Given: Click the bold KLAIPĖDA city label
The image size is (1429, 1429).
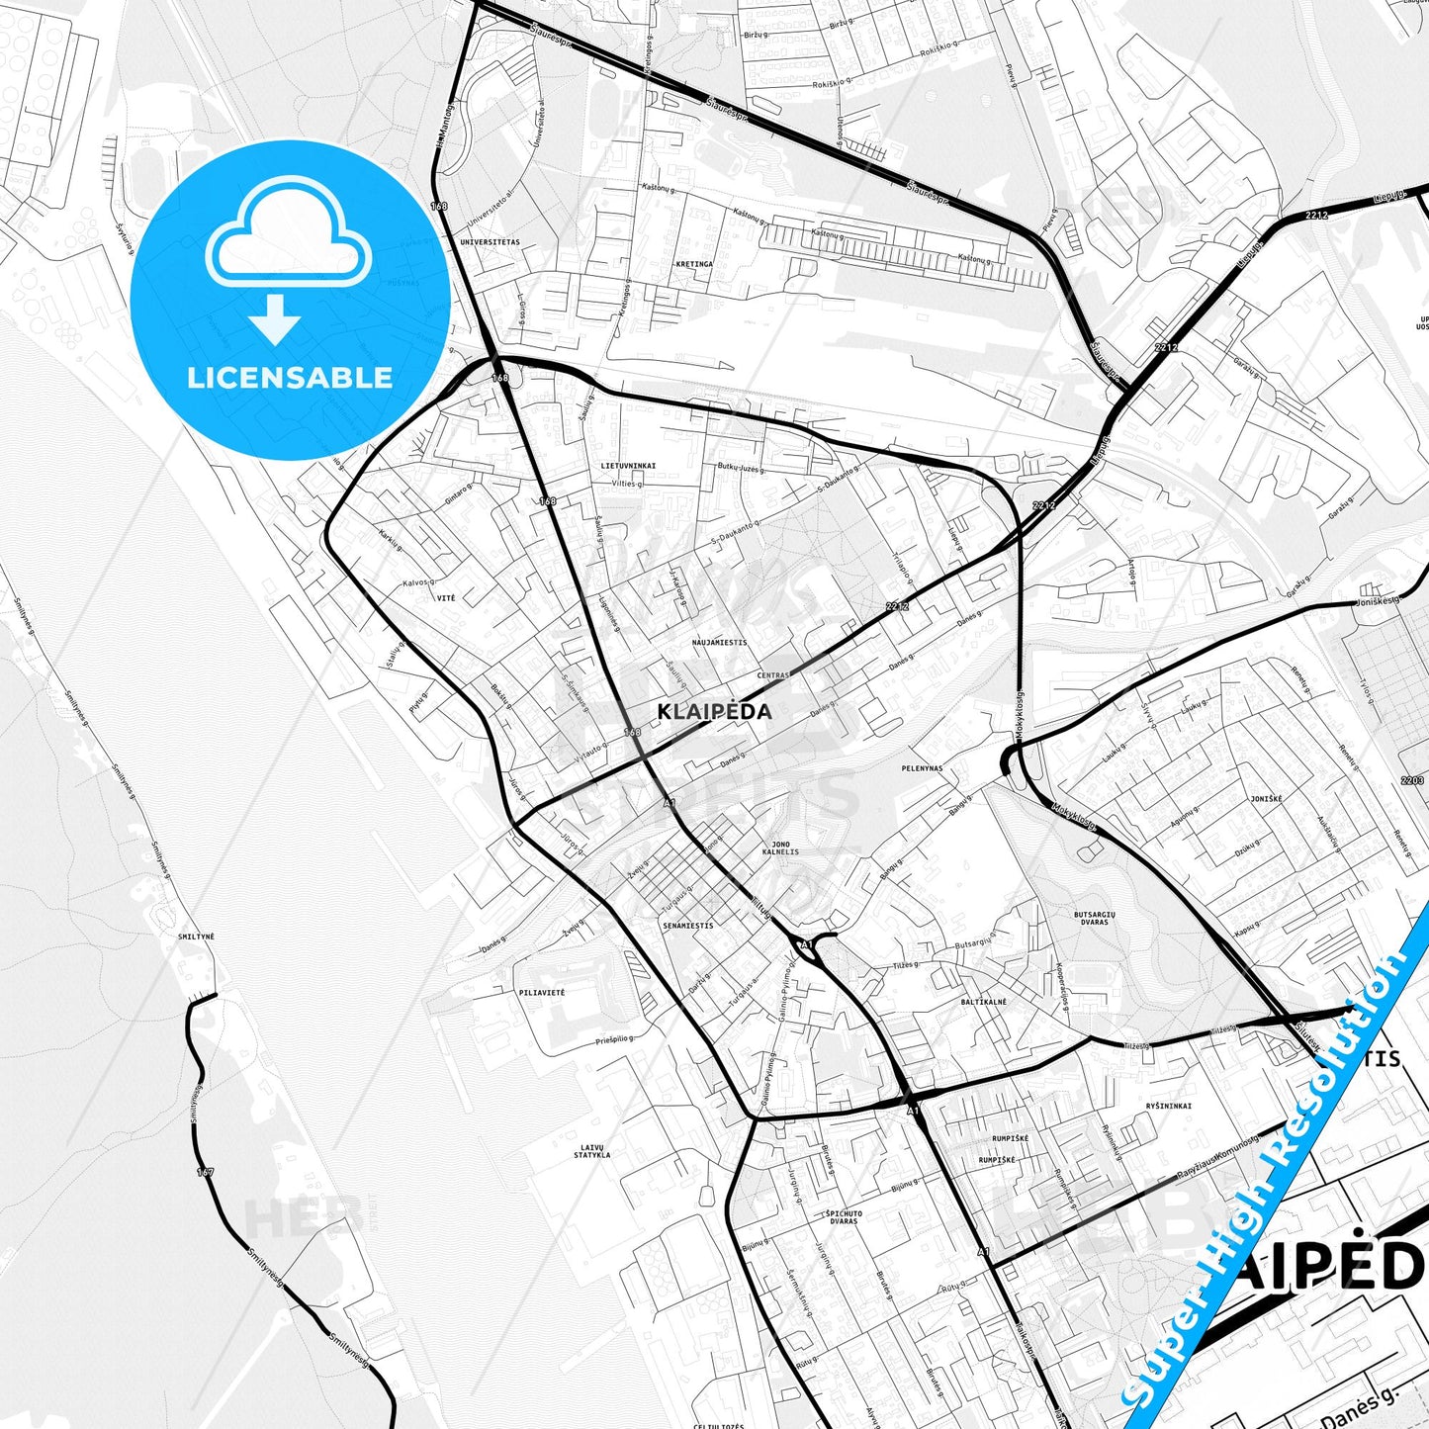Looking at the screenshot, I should tap(714, 711).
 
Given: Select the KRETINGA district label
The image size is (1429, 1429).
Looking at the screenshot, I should tap(694, 264).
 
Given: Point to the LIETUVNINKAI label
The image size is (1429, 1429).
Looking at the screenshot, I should tap(628, 464).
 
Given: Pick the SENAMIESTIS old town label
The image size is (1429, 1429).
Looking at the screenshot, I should tap(687, 926).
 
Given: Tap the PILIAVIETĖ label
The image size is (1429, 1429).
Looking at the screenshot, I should tap(541, 991).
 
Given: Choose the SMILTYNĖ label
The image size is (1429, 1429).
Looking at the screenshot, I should tap(196, 936).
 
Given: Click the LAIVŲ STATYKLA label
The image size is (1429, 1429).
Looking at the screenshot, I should tap(592, 1150).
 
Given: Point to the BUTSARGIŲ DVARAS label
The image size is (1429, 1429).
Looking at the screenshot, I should tap(1094, 919).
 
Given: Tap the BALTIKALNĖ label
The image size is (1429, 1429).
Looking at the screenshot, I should tap(983, 1002).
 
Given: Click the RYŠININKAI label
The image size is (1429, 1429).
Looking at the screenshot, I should tap(1169, 1106).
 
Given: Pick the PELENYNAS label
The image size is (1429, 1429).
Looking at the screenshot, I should tap(922, 767).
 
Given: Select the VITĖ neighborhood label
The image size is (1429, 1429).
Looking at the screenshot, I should tap(445, 598).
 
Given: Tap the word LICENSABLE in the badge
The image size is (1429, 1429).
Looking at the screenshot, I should tap(290, 378).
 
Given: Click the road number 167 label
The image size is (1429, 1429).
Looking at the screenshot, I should tap(205, 1173).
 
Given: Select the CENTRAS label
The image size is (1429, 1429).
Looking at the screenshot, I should tap(772, 675).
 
